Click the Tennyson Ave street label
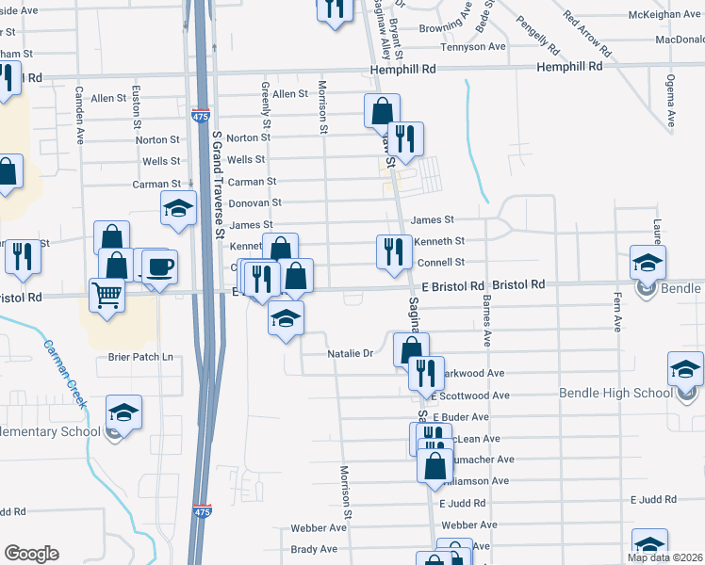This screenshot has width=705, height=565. pyautogui.click(x=473, y=46)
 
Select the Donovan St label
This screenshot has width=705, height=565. pyautogui.click(x=256, y=202)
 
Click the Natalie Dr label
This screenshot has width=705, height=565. pyautogui.click(x=351, y=354)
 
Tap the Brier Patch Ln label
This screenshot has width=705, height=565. pyautogui.click(x=140, y=357)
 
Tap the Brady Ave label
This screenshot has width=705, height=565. pyautogui.click(x=314, y=549)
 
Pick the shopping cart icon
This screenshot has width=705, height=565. pyautogui.click(x=106, y=295)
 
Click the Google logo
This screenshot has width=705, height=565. pyautogui.click(x=31, y=554)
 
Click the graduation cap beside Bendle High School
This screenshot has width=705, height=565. pyautogui.click(x=685, y=369)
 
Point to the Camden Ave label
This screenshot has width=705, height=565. pyautogui.click(x=81, y=115)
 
